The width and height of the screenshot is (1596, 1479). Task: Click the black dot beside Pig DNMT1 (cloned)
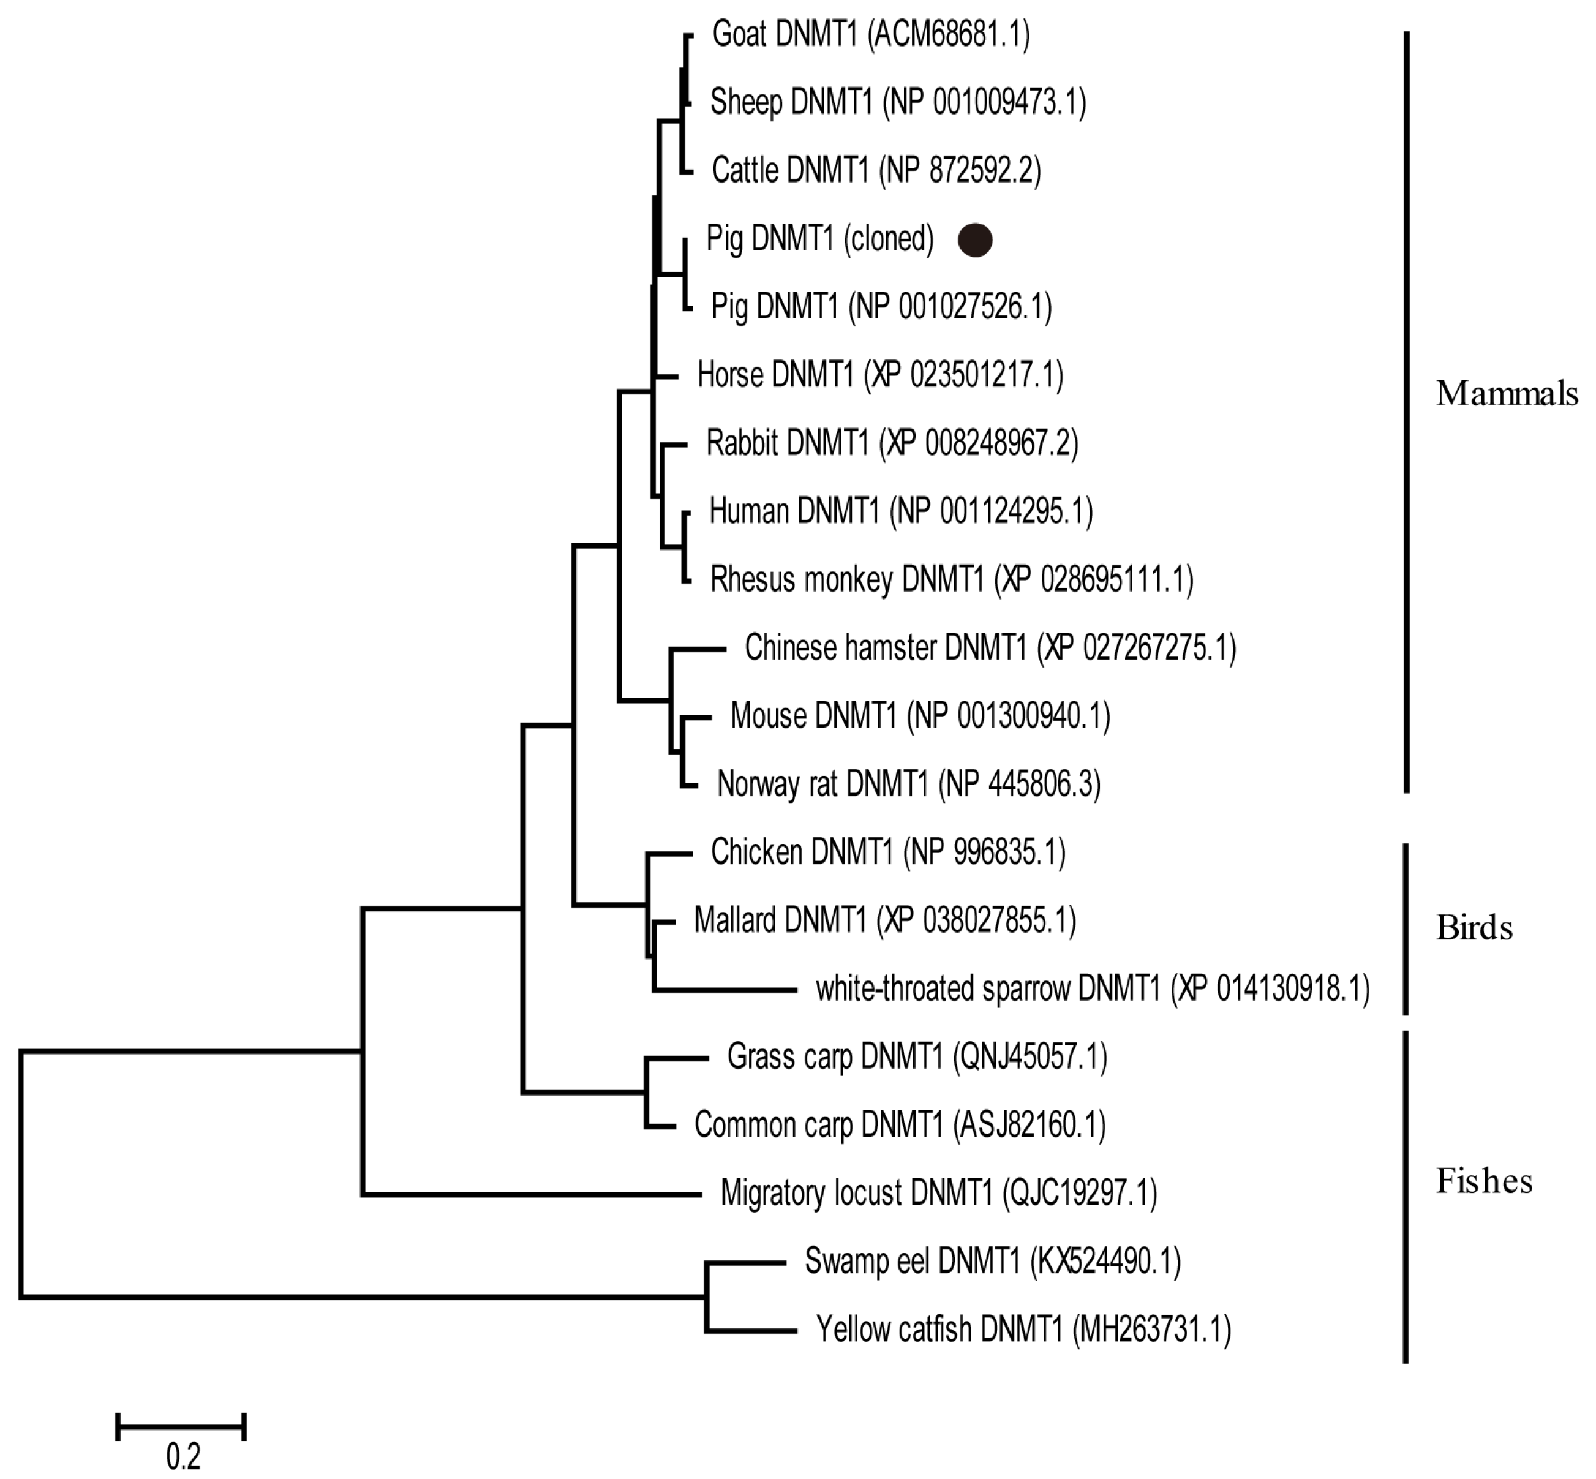click(974, 239)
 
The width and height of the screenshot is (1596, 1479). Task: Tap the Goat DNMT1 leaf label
click(870, 34)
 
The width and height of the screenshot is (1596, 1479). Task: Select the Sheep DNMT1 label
click(897, 102)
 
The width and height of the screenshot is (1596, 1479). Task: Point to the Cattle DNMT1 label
click(876, 170)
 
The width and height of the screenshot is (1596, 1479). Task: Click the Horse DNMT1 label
click(879, 375)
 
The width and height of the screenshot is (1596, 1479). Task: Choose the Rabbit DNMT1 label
click(892, 443)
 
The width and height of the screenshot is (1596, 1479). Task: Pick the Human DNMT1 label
click(900, 511)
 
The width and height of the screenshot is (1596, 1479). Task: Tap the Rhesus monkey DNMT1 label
click(951, 579)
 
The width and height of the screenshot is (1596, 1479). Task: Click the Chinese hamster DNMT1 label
click(990, 647)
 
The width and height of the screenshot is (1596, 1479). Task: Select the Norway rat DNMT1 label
click(908, 783)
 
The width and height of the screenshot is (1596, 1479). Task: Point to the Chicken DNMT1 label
click(887, 852)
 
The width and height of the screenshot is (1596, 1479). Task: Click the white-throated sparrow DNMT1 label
click(1092, 989)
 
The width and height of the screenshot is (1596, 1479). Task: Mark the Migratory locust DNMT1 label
click(938, 1193)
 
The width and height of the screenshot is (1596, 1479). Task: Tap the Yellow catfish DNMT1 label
click(1023, 1330)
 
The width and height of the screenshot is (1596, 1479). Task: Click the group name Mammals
click(1507, 394)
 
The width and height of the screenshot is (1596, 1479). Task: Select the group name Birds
click(1474, 928)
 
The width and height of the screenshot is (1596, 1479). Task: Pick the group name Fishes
click(1484, 1181)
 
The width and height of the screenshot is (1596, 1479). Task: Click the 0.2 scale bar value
click(183, 1456)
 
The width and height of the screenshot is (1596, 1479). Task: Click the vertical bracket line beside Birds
click(1406, 928)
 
